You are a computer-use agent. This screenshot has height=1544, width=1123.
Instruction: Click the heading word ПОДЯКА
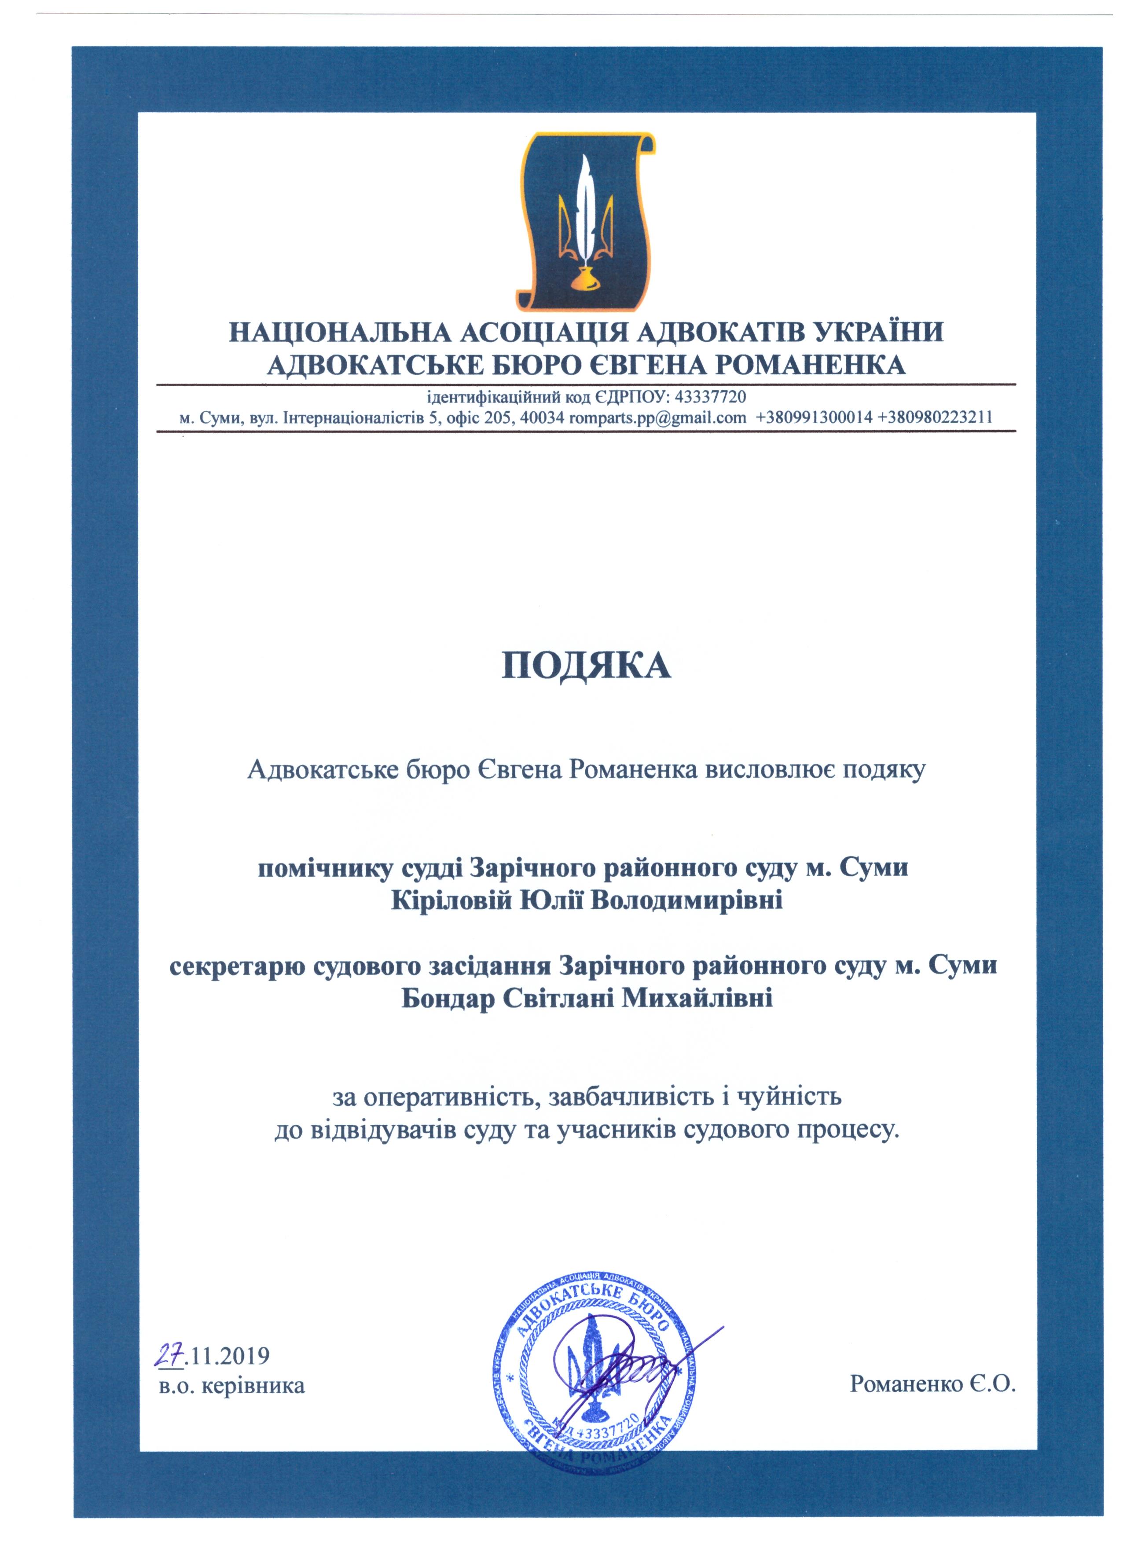[586, 666]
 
